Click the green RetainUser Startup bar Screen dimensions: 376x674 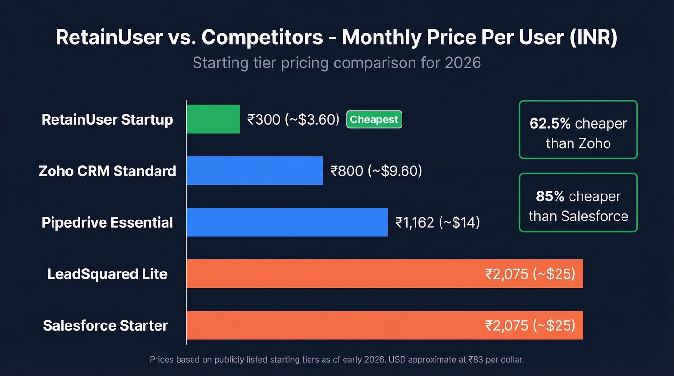coord(213,119)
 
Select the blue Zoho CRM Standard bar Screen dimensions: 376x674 coord(254,171)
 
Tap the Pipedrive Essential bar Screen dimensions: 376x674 coord(287,222)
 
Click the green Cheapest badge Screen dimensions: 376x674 coord(374,119)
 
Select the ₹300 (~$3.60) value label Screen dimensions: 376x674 coord(294,119)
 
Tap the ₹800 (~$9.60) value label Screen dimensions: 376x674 coord(376,171)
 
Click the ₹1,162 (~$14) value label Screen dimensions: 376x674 coord(437,222)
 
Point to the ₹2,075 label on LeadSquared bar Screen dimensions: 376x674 coord(530,274)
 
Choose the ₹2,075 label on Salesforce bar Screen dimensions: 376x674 coord(530,325)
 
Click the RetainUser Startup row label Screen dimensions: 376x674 coord(107,119)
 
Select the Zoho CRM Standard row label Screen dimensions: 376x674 coord(107,171)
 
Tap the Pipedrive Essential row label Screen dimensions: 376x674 coord(107,222)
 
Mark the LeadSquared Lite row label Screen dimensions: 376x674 coord(107,274)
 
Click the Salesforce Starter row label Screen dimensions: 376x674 coord(105,325)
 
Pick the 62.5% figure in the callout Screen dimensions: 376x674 coord(550,124)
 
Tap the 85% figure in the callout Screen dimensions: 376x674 coord(550,196)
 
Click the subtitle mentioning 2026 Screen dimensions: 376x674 coord(337,63)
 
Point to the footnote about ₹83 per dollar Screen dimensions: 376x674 coord(337,359)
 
